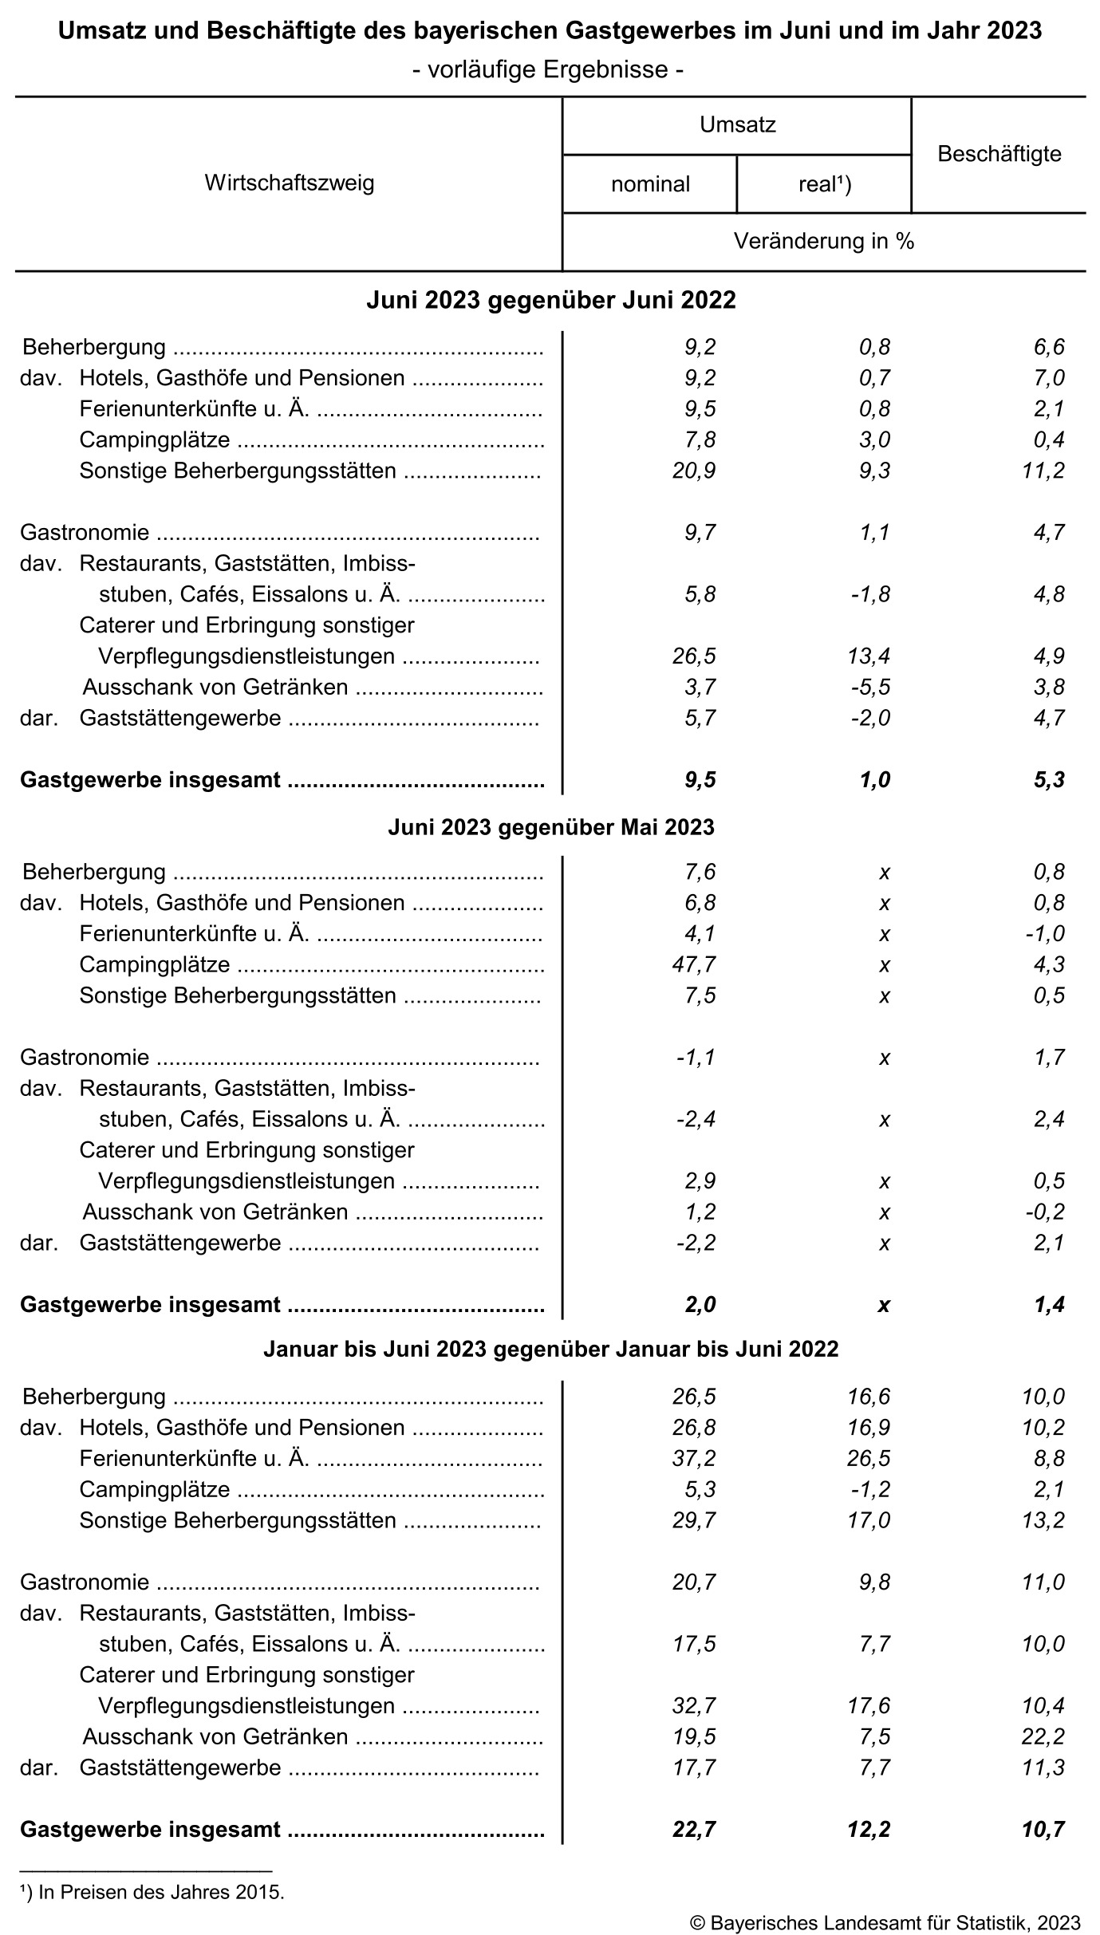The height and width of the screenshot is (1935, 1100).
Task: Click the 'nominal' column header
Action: (650, 184)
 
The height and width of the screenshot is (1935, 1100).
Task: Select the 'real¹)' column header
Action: (824, 184)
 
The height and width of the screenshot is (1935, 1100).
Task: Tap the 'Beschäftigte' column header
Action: (999, 154)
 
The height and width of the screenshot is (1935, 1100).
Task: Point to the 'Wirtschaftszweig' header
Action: (289, 183)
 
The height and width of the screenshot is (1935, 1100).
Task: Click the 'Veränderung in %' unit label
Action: (823, 241)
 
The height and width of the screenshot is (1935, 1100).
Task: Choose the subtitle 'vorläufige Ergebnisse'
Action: (549, 70)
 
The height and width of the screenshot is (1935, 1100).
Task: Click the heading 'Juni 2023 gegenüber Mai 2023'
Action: (551, 827)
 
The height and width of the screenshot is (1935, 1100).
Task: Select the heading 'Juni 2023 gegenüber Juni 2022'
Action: (551, 301)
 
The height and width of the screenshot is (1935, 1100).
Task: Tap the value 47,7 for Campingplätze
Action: (694, 964)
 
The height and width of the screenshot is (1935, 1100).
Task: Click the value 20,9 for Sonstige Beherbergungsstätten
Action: (694, 471)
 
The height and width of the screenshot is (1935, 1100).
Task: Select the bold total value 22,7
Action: (694, 1829)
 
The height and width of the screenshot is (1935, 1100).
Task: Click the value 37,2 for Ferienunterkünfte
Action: (694, 1458)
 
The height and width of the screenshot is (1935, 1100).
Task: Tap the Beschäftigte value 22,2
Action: (1043, 1736)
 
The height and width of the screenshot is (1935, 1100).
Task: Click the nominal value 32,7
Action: (694, 1705)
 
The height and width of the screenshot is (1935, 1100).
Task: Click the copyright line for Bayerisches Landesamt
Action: (885, 1922)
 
